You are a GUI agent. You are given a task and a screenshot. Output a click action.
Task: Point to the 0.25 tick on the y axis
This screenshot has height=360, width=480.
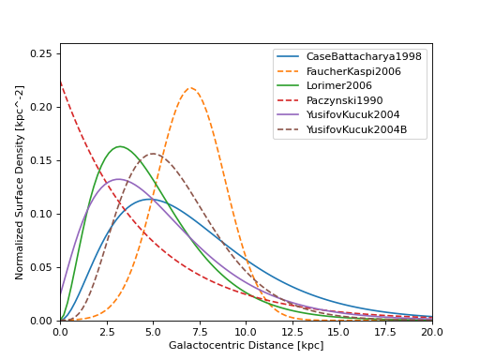click(x=41, y=53)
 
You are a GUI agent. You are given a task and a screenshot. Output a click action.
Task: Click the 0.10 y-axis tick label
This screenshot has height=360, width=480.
click(x=41, y=214)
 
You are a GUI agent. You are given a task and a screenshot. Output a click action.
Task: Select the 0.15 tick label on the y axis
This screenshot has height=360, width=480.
click(x=41, y=160)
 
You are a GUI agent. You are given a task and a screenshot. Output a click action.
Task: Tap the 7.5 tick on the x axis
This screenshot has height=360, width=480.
click(x=200, y=331)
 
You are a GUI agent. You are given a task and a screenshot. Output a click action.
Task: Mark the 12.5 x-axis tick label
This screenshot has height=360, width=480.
click(x=292, y=331)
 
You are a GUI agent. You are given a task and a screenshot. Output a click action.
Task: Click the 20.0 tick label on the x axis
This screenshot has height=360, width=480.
click(x=431, y=331)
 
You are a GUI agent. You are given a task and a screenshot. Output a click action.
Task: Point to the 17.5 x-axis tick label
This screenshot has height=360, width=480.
click(x=385, y=331)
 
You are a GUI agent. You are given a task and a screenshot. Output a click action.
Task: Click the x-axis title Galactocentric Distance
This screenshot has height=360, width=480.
click(x=246, y=346)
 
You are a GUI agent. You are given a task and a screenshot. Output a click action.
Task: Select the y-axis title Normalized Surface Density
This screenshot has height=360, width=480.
click(x=20, y=182)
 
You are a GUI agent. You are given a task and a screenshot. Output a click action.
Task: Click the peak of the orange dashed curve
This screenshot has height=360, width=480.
click(x=190, y=88)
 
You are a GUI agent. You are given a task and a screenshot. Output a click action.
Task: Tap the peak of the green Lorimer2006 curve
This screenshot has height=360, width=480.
click(x=120, y=146)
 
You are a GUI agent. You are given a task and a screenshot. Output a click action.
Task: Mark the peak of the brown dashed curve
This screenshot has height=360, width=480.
click(x=153, y=154)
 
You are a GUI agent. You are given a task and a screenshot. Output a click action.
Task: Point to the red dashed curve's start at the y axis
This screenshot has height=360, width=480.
click(x=61, y=82)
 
